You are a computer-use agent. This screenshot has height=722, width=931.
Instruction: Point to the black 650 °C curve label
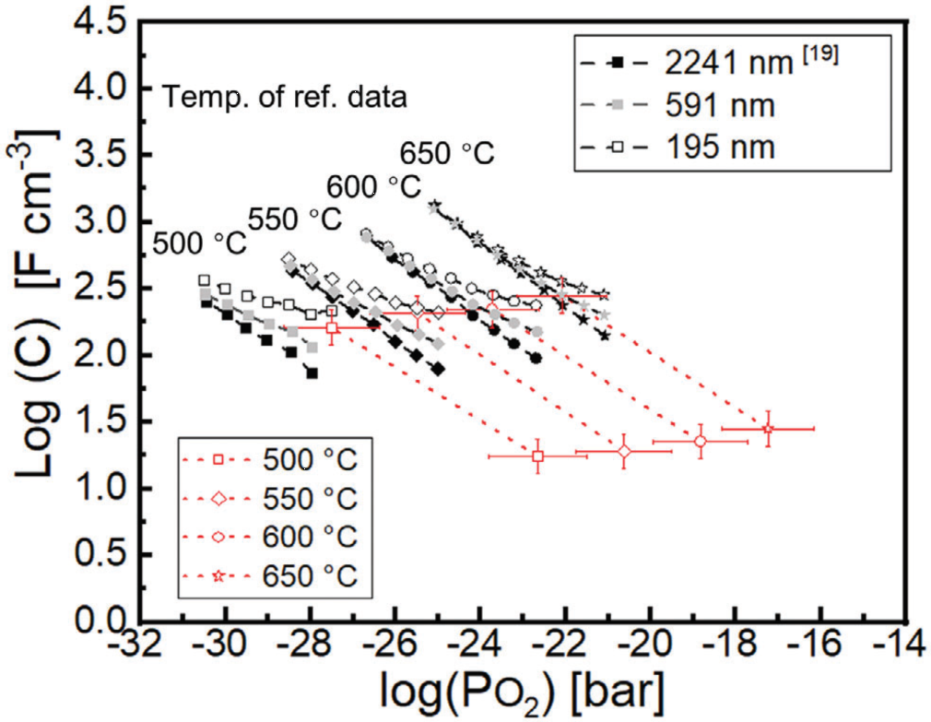point(447,152)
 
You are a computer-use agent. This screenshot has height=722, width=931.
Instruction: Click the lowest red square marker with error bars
point(538,456)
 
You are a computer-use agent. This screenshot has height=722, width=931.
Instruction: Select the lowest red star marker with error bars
point(768,429)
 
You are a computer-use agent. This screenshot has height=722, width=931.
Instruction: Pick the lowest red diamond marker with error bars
point(624,451)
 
